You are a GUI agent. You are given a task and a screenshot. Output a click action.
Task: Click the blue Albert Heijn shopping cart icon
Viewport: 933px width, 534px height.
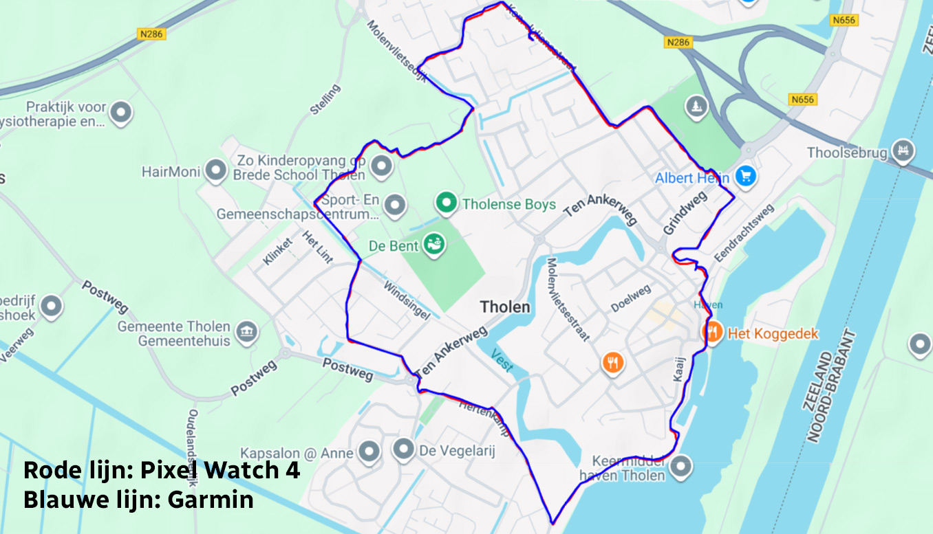(745, 177)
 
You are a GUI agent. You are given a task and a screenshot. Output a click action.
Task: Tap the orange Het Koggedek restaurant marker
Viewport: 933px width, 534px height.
(713, 333)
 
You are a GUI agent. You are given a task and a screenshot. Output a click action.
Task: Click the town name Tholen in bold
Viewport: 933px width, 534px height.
(505, 307)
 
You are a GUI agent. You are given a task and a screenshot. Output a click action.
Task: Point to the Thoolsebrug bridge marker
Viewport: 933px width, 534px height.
(902, 151)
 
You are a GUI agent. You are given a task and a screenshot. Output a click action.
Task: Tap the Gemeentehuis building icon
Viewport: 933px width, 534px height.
(246, 333)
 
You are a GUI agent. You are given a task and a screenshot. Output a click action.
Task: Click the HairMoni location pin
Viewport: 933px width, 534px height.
(216, 171)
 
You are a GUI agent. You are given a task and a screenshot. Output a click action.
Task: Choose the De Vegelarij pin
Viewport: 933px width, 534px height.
(403, 449)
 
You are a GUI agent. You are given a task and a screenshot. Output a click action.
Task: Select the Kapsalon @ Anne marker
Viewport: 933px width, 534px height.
(369, 452)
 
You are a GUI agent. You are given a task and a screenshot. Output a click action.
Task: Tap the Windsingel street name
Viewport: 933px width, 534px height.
(406, 300)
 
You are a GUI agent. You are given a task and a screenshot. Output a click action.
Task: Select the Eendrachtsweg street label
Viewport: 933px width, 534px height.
(744, 232)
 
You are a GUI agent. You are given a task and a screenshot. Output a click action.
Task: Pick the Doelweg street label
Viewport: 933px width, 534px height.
(631, 299)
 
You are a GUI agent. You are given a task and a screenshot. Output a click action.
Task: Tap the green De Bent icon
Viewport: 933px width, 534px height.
(433, 243)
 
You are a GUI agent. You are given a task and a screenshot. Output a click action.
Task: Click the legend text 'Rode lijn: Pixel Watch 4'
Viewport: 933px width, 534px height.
(162, 470)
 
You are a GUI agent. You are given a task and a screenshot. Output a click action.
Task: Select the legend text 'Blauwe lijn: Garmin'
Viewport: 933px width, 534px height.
(138, 500)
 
